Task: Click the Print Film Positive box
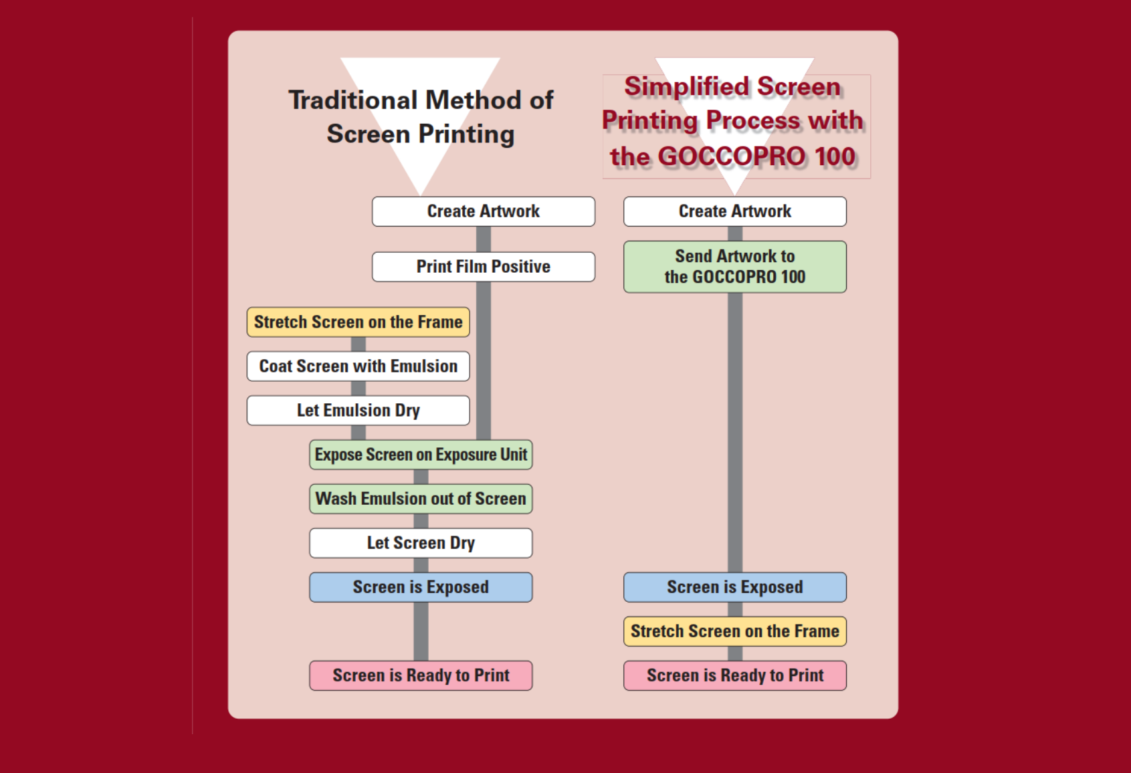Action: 483,267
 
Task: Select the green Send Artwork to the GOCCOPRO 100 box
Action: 734,267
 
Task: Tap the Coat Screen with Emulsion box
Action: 358,366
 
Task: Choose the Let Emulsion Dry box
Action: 358,411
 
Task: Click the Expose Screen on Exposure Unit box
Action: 421,455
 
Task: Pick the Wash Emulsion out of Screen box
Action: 421,499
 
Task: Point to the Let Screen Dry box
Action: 421,543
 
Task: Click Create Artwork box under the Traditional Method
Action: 483,211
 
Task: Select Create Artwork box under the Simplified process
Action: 734,211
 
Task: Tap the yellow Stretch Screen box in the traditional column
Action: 358,322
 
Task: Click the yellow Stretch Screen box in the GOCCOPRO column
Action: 734,631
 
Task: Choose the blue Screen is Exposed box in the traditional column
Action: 421,587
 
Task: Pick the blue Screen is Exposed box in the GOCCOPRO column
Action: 734,587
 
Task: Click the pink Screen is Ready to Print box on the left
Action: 421,675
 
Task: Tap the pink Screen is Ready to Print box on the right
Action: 734,675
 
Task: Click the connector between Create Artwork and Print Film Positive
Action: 483,239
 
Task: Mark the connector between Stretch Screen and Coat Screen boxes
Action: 358,344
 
